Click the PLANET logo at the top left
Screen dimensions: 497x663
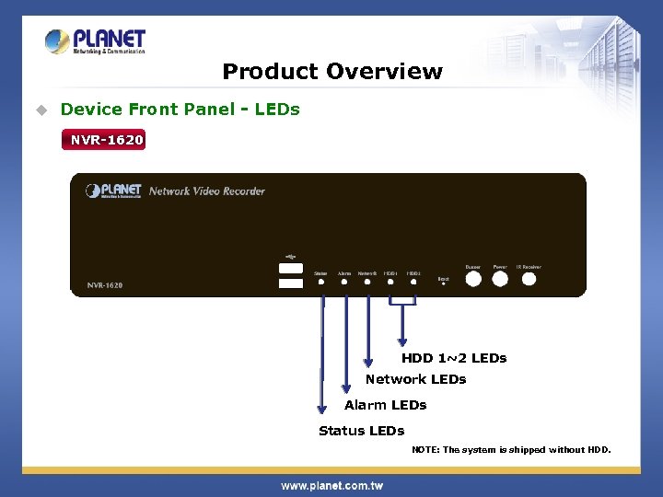click(96, 41)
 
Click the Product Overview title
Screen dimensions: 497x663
click(332, 72)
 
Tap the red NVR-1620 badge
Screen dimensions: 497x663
click(104, 140)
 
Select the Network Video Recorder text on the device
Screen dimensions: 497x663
click(206, 191)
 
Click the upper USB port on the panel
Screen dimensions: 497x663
click(290, 268)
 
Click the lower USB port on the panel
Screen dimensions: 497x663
click(290, 283)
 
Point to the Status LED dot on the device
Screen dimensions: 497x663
click(321, 282)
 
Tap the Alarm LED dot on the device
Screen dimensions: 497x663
click(344, 282)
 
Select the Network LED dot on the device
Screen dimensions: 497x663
click(367, 282)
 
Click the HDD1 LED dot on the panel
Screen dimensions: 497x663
click(390, 282)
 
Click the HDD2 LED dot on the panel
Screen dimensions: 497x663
click(413, 282)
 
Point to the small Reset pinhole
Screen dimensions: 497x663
click(444, 284)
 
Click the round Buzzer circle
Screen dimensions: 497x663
click(473, 279)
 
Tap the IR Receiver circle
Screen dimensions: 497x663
click(529, 279)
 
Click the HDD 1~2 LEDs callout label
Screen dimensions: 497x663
click(454, 358)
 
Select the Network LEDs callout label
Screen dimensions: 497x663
click(415, 379)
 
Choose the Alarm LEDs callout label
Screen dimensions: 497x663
click(385, 405)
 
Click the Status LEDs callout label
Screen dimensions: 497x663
click(361, 431)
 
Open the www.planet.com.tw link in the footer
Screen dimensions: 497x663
click(331, 485)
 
